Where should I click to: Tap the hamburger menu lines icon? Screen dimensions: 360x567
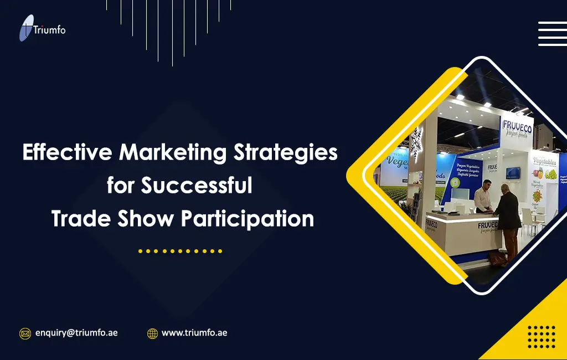551,33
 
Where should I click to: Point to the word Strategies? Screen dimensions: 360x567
290,152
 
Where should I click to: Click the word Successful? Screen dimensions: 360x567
196,185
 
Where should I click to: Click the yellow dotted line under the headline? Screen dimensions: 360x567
180,251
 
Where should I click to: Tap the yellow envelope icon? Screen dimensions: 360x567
25,333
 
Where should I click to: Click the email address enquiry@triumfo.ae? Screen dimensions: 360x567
76,333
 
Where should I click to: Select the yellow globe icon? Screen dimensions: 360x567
152,333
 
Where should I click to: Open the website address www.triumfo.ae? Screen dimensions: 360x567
194,333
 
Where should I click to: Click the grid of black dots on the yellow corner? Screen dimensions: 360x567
541,337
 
